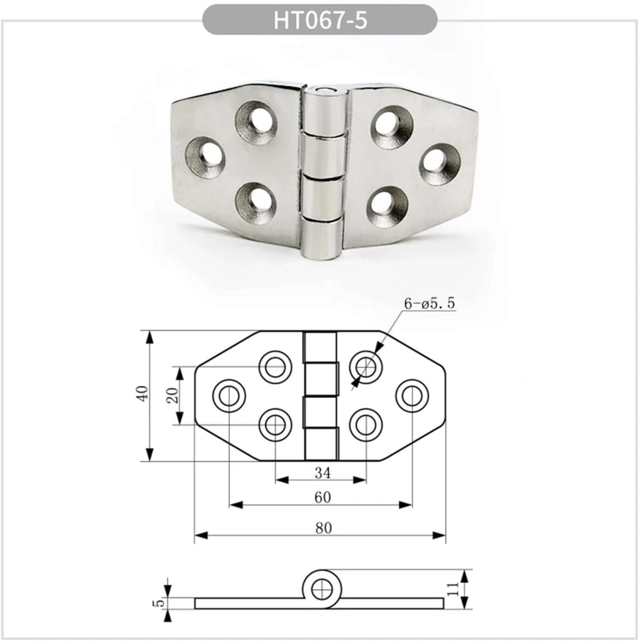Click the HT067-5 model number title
click(x=320, y=20)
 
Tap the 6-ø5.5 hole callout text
click(x=429, y=303)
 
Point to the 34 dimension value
click(x=322, y=473)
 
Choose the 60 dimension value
click(x=322, y=497)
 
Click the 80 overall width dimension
click(x=323, y=528)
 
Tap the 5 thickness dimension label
click(x=159, y=602)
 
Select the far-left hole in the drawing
click(x=229, y=395)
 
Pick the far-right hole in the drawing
click(x=412, y=396)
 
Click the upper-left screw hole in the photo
click(x=256, y=121)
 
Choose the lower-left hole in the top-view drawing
click(x=276, y=424)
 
